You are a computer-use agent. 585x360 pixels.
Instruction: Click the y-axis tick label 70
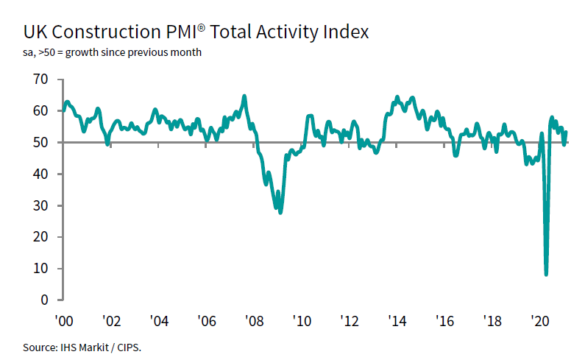pos(40,79)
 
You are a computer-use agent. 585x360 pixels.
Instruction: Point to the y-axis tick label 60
pos(40,110)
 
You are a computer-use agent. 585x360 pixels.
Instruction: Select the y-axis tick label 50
pos(40,142)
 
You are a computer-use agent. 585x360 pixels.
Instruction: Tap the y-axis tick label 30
pos(40,205)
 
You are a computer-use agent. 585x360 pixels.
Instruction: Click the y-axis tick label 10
pos(40,269)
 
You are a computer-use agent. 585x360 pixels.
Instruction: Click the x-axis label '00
pos(64,322)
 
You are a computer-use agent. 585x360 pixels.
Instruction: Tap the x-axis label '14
pos(397,322)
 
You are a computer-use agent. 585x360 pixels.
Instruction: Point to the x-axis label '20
pos(540,322)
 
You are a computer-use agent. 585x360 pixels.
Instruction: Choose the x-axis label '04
pos(160,322)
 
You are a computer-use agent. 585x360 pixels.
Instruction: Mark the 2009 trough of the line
pos(280,212)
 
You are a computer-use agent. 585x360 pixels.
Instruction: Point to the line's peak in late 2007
pos(244,96)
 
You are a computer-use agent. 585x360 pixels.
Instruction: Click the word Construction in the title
pos(111,32)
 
